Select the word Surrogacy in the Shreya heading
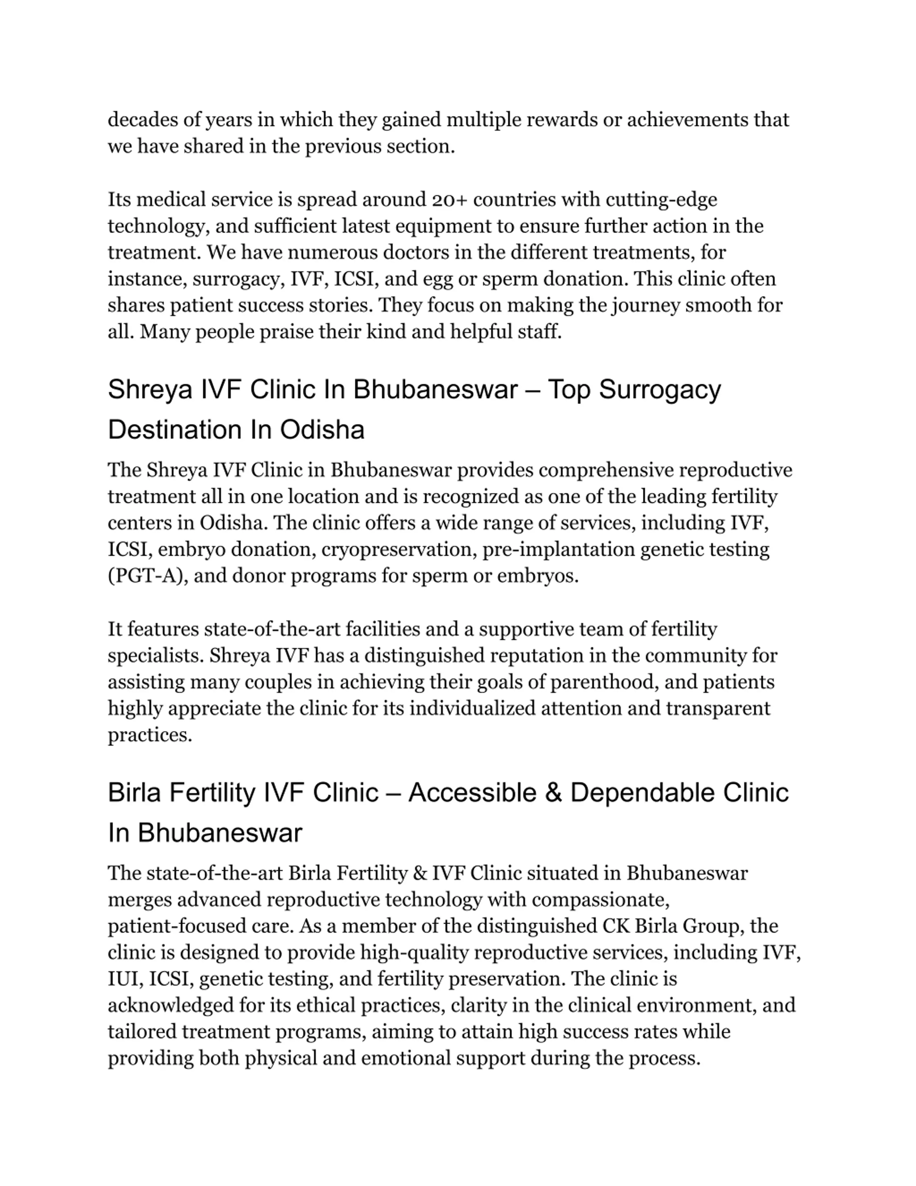[659, 390]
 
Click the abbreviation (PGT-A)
[148, 576]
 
